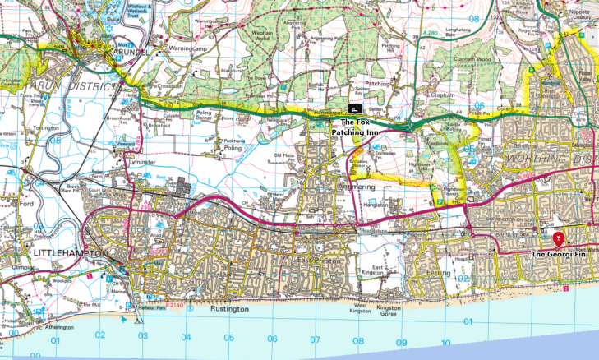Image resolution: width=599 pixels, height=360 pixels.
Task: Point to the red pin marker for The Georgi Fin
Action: tap(559, 240)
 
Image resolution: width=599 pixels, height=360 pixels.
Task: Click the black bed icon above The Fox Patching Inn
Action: tap(354, 108)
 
